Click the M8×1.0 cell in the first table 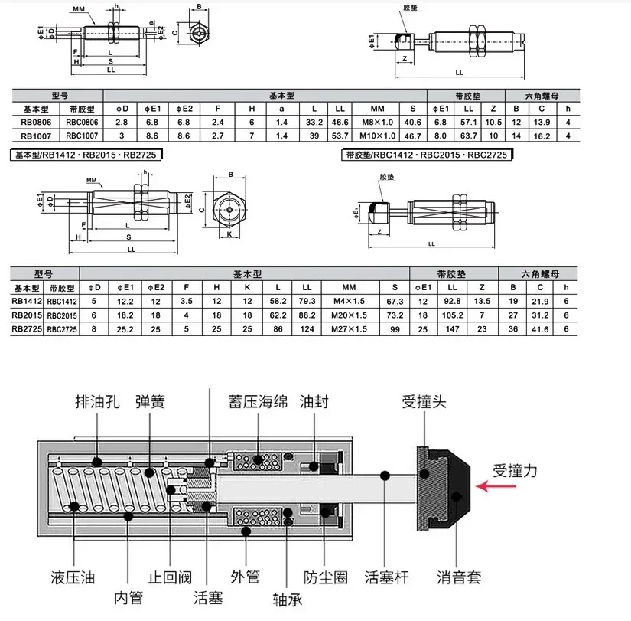tap(377, 122)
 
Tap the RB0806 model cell tap(37, 122)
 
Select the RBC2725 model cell tap(63, 328)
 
